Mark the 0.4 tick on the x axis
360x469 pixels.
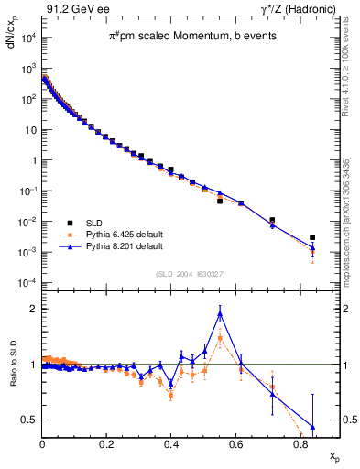click(171, 442)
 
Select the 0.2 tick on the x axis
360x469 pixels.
click(107, 442)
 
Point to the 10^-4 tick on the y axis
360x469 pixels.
click(29, 283)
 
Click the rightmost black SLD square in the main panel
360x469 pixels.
click(312, 237)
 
